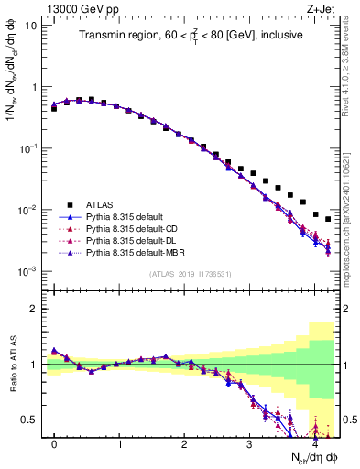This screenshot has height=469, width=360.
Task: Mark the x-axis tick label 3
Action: [x=249, y=442]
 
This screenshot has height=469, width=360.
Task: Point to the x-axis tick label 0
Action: [x=54, y=442]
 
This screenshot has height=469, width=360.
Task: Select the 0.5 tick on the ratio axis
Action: [x=29, y=420]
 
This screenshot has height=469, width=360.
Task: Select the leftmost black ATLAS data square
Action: [x=54, y=108]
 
